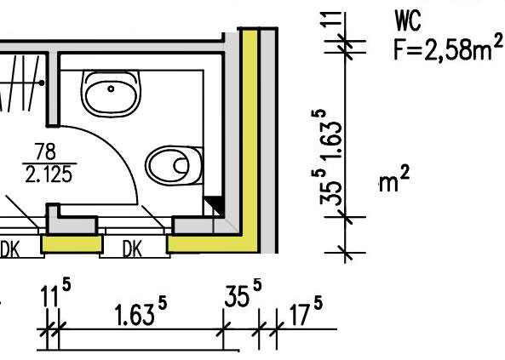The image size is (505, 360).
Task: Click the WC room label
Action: [x=408, y=21]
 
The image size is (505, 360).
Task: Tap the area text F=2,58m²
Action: [x=448, y=48]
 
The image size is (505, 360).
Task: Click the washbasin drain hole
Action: [x=111, y=89]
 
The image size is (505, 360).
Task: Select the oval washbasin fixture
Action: [x=111, y=93]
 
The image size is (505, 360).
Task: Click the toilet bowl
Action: [x=174, y=165]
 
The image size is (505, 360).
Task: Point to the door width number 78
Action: [x=45, y=151]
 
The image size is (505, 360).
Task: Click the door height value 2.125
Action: [x=49, y=174]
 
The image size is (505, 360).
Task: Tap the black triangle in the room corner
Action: [x=215, y=205]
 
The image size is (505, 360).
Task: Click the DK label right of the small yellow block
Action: [x=132, y=249]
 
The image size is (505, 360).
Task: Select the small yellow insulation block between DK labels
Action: [x=72, y=243]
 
